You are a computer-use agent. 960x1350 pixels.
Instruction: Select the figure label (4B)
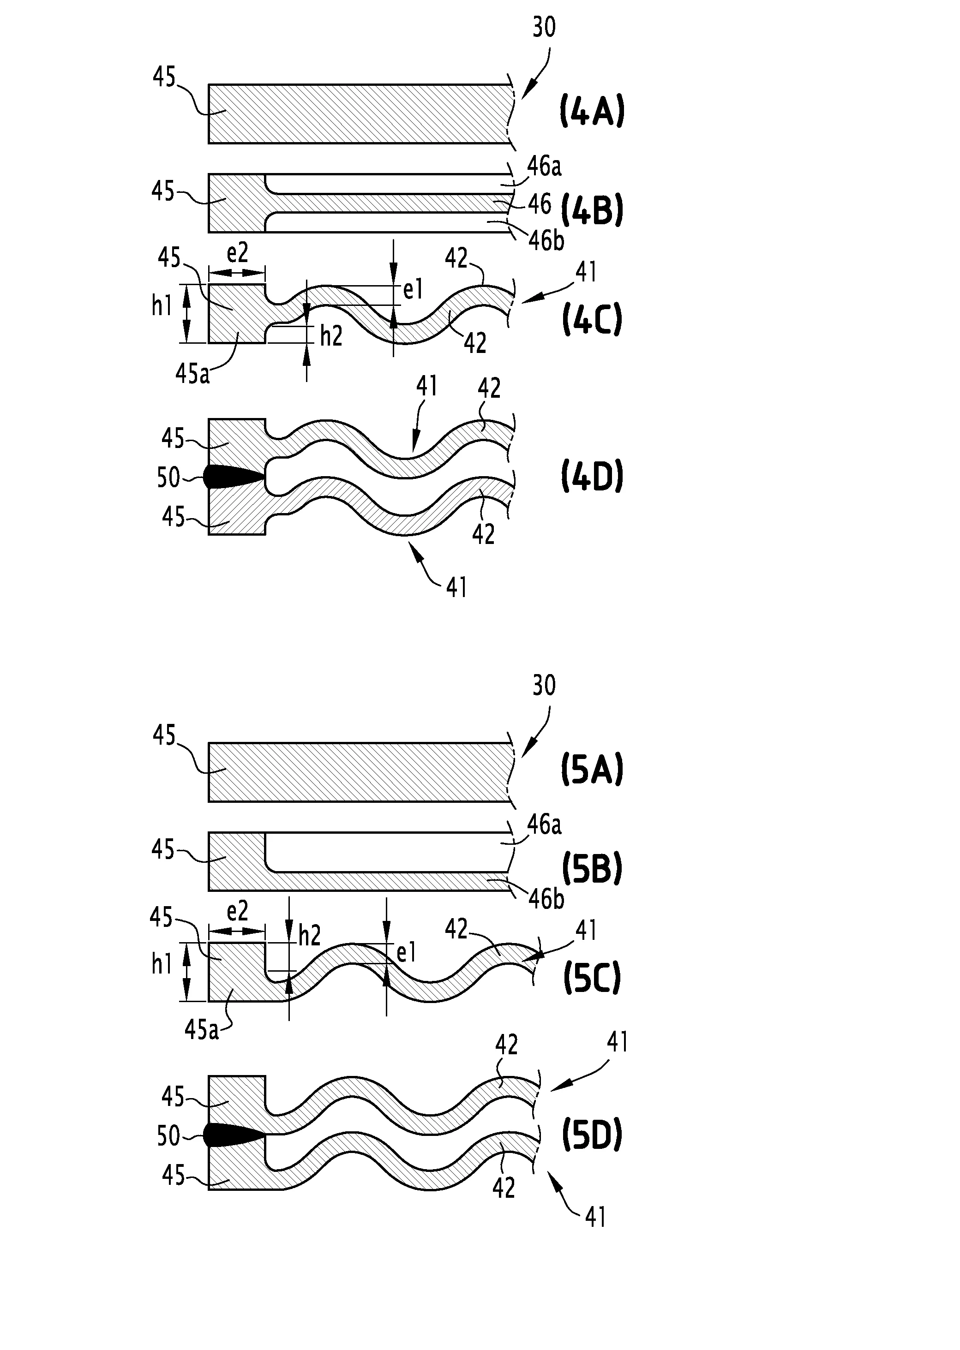(592, 211)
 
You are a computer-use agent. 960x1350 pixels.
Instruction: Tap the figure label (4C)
(592, 320)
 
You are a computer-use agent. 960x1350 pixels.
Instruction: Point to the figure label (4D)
(592, 478)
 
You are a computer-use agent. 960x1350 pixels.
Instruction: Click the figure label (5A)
(592, 771)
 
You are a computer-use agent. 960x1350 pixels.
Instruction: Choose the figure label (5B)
(592, 869)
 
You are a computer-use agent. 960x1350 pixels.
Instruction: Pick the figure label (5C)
(592, 979)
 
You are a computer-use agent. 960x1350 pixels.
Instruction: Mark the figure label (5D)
(592, 1136)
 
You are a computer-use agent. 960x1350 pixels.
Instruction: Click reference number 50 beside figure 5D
(168, 1135)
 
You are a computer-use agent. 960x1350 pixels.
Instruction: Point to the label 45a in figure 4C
(193, 373)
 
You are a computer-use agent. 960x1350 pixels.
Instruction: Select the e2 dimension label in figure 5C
(237, 912)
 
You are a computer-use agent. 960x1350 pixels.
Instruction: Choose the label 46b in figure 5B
(546, 899)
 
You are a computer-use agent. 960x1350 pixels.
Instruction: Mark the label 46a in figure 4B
(544, 167)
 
